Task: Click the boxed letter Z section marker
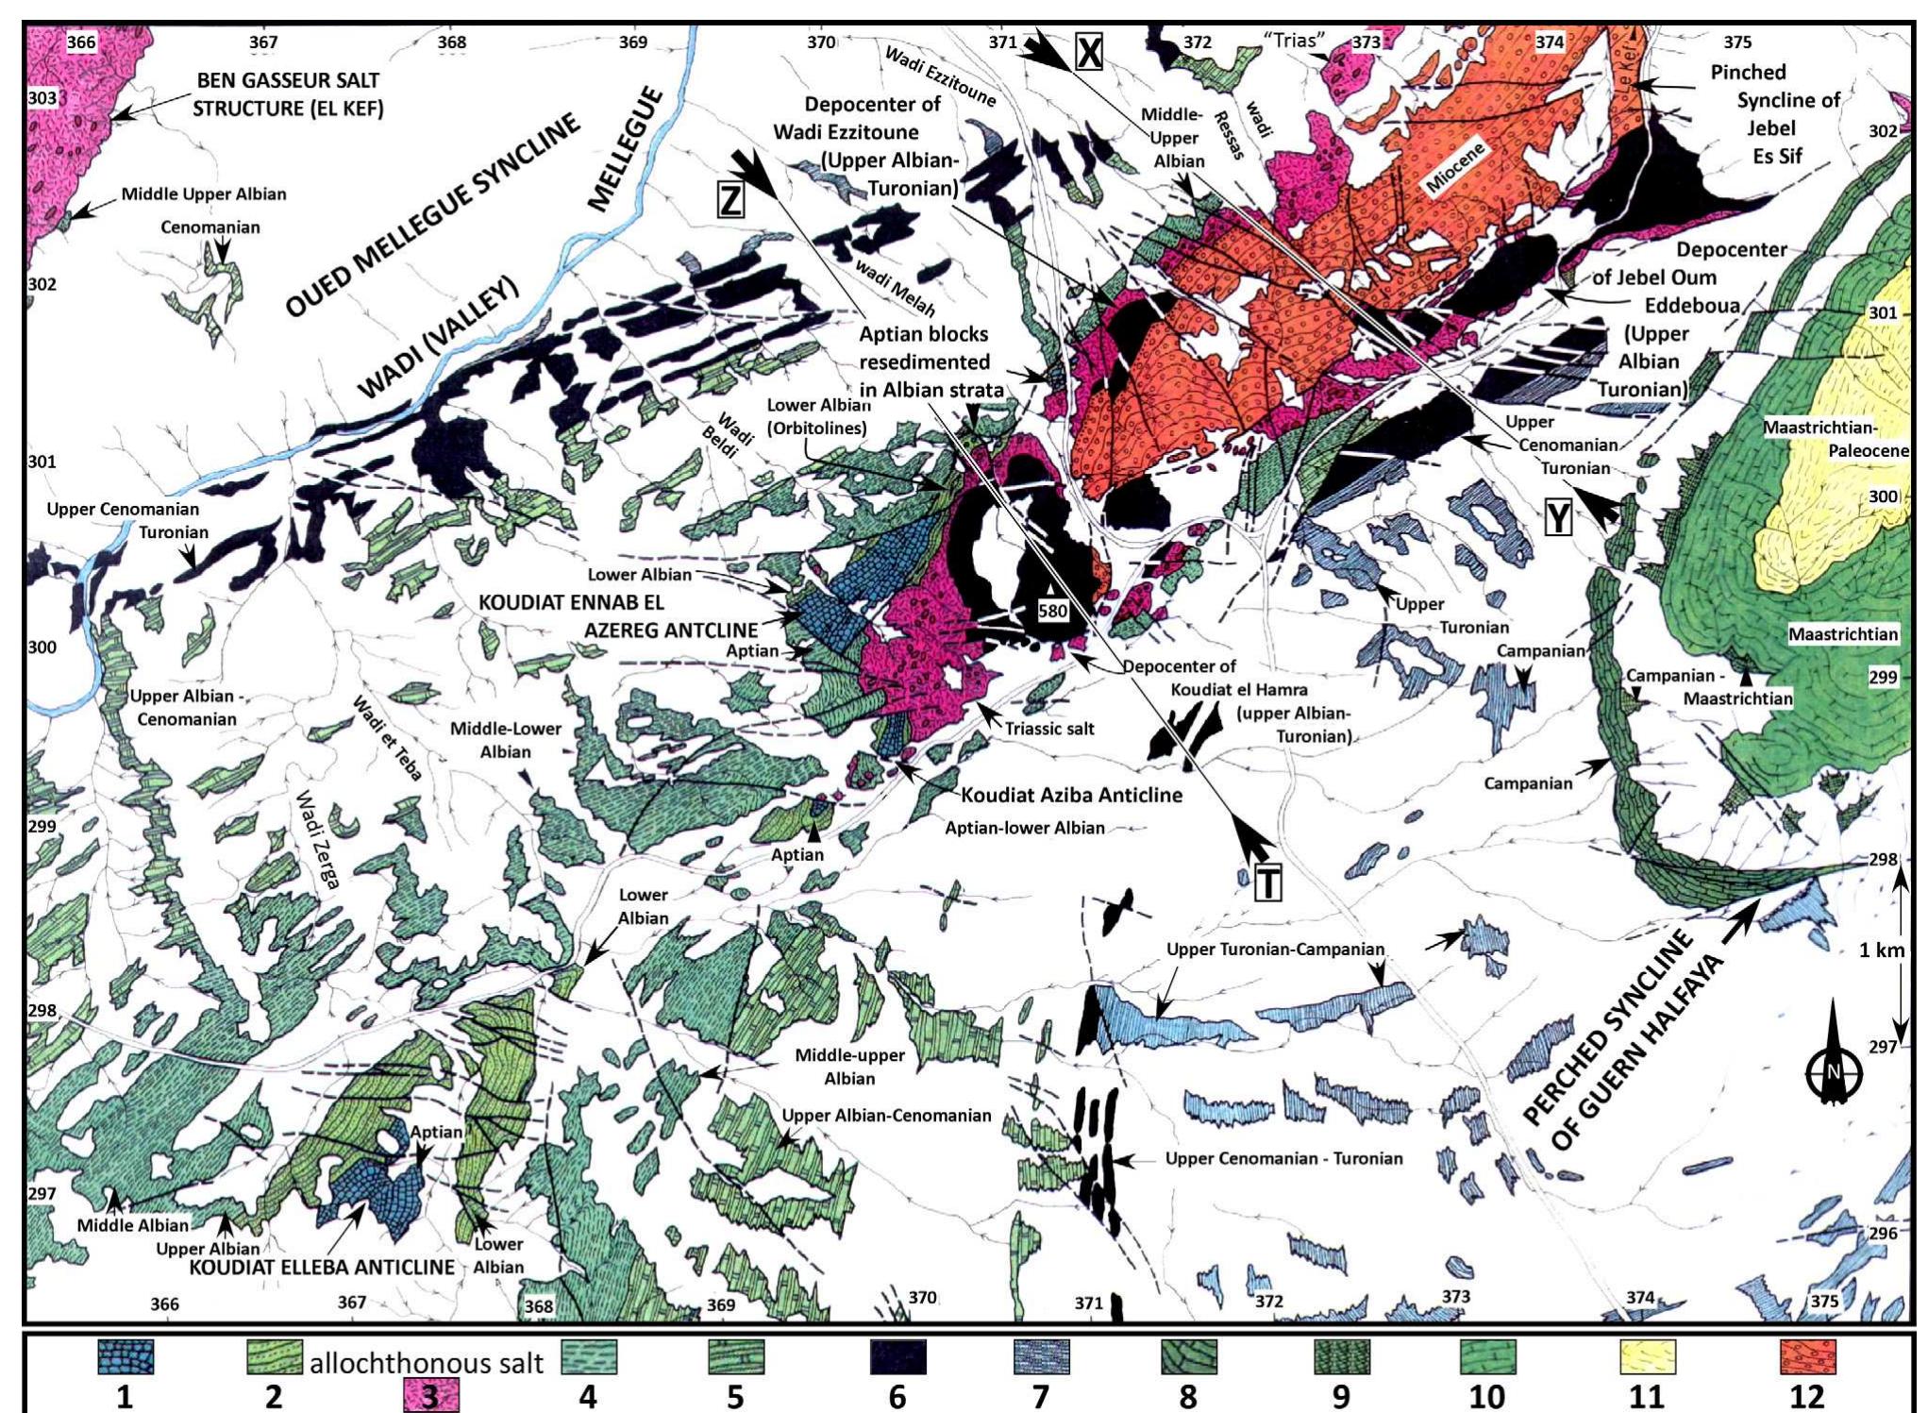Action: click(x=731, y=198)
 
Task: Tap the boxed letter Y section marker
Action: click(x=1558, y=517)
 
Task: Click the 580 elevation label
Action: click(x=1052, y=611)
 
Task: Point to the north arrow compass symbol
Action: click(x=1834, y=1066)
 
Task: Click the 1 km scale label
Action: click(x=1881, y=950)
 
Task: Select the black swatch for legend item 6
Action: click(x=897, y=1358)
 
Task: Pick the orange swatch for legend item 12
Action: click(x=1807, y=1357)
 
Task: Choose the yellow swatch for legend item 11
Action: click(x=1649, y=1357)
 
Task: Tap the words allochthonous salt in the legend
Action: click(x=427, y=1363)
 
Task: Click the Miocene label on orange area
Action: click(x=1454, y=169)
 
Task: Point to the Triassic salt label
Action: click(x=1049, y=729)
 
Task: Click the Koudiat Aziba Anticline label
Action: click(x=1071, y=795)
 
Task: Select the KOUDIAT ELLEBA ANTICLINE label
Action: click(x=322, y=1267)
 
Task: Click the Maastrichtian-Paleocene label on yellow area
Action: click(x=1834, y=439)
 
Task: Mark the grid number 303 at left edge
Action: click(x=42, y=97)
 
